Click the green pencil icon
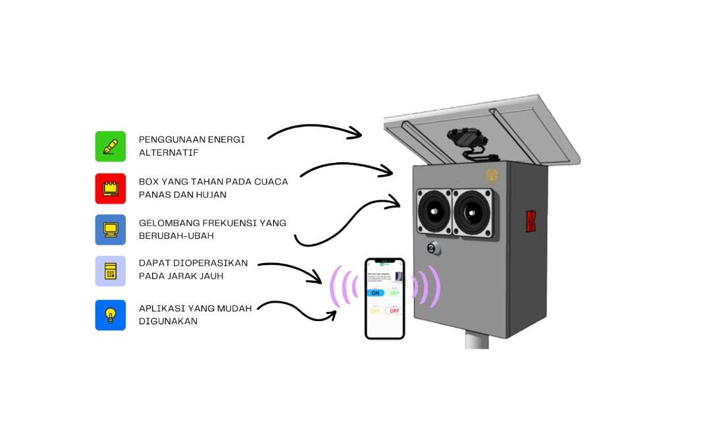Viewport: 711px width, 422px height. point(110,146)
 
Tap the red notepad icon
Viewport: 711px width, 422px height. point(110,189)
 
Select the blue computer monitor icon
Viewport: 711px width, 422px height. point(110,229)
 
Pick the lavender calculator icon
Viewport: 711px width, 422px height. point(110,271)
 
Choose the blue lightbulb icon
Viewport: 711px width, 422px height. point(110,315)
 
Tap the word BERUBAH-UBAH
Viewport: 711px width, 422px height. point(176,235)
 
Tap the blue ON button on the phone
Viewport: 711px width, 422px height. point(375,293)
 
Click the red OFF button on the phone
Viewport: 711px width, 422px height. point(394,310)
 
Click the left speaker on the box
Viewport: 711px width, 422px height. point(434,212)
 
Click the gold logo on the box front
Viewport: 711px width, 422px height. point(492,175)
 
